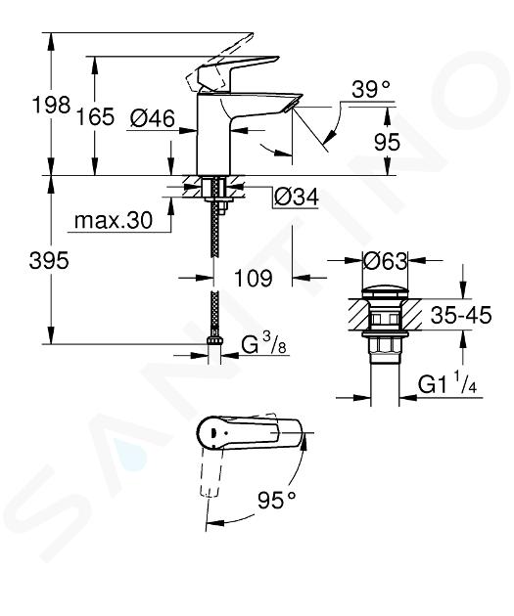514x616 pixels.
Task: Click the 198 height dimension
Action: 51,106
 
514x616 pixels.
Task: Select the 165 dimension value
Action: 96,116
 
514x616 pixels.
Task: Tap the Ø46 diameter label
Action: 152,118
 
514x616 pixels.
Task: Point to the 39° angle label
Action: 371,90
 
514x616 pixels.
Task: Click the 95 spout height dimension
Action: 387,142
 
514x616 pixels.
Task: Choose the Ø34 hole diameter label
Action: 296,197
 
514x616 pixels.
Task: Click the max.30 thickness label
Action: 114,220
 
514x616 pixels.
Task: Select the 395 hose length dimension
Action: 49,260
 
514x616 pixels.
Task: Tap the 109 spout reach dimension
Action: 253,278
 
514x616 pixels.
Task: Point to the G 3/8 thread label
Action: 263,344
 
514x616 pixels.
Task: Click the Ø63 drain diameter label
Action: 385,260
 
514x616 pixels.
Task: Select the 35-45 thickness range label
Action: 461,315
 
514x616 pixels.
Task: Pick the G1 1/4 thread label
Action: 447,384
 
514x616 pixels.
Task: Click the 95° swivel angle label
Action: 276,500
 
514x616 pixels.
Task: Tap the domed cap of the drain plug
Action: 385,292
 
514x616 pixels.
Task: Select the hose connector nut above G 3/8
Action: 214,340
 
